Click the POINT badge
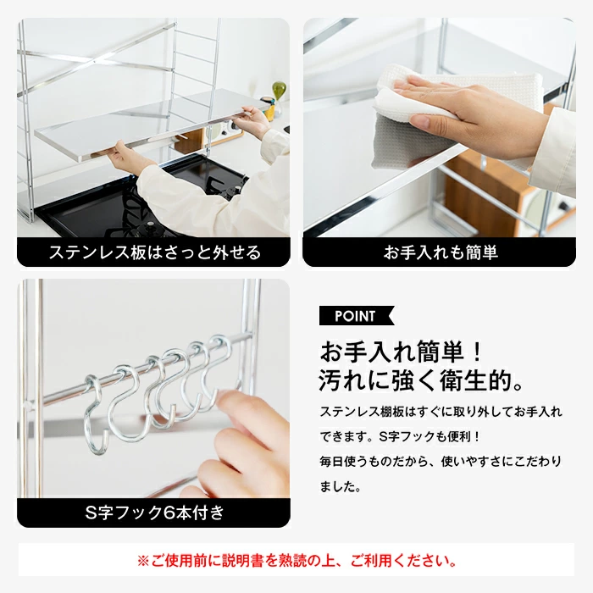(x=357, y=316)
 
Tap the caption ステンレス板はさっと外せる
(x=155, y=252)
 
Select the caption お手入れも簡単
(x=441, y=252)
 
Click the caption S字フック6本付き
(x=155, y=513)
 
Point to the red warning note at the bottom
(x=296, y=560)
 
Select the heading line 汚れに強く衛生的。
(x=422, y=380)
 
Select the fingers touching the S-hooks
(x=242, y=446)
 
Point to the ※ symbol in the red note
(x=143, y=561)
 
